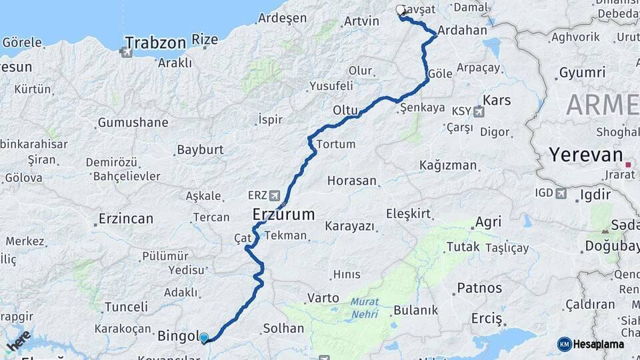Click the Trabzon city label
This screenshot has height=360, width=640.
click(155, 43)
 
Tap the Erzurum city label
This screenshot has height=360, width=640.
click(283, 215)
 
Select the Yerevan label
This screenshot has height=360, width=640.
click(585, 155)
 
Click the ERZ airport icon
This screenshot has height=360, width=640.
click(275, 195)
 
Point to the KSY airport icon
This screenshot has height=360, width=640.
click(478, 111)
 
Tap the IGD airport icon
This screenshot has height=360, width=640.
click(561, 193)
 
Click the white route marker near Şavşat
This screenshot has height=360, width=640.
click(400, 10)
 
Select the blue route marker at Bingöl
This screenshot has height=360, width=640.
click(204, 338)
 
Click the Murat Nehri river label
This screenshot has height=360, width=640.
click(364, 307)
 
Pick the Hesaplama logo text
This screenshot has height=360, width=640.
click(598, 344)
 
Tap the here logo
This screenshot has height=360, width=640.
click(19, 341)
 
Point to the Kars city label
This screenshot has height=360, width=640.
click(497, 100)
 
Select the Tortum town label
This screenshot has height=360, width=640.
click(335, 144)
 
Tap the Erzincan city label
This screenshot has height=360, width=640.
click(125, 218)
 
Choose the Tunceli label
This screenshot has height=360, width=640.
click(126, 307)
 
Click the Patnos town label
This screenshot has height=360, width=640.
click(479, 288)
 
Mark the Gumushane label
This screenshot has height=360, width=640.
click(133, 123)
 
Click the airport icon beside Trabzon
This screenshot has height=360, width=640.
click(127, 51)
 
